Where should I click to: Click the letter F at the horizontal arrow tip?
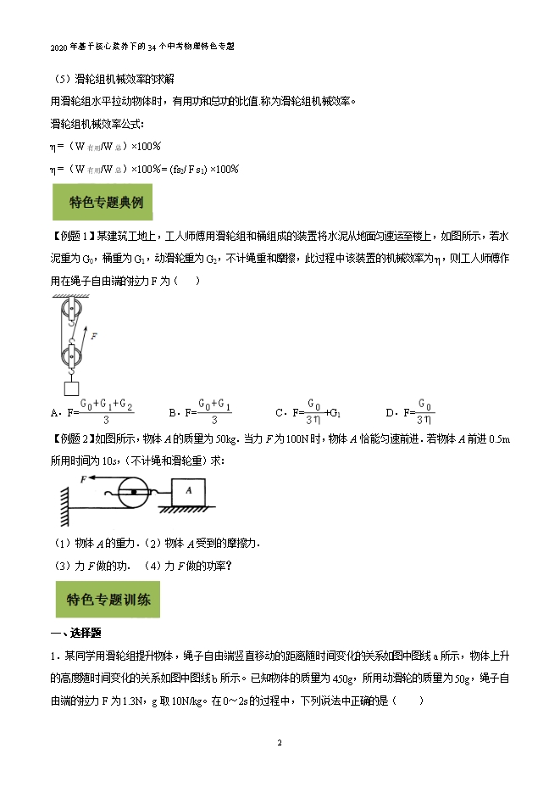pos(84,479)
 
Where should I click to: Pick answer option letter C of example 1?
pos(279,413)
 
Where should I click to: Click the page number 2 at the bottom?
pos(280,743)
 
